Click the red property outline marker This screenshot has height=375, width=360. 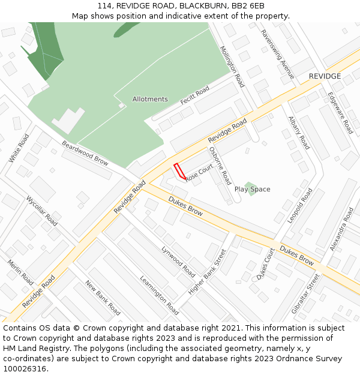(x=179, y=171)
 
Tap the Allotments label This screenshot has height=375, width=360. (x=150, y=99)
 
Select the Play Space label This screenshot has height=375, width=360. (x=252, y=190)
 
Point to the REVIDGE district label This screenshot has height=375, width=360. (x=325, y=76)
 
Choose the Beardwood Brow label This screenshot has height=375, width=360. (x=85, y=154)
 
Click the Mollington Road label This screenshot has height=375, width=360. (x=232, y=67)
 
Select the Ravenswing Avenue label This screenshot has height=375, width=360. (x=277, y=55)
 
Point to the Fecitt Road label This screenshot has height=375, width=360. (x=195, y=95)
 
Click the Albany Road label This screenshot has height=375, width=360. (x=299, y=133)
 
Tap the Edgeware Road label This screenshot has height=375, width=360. (x=340, y=112)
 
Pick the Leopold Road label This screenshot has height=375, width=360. (x=300, y=206)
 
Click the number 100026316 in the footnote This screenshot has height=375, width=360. (x=25, y=369)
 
